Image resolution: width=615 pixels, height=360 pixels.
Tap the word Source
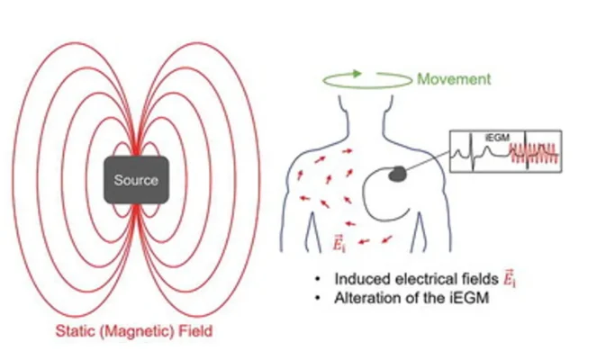(136, 180)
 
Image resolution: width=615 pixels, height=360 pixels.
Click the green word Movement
(454, 79)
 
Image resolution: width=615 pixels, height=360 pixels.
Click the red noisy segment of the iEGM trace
(538, 154)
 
